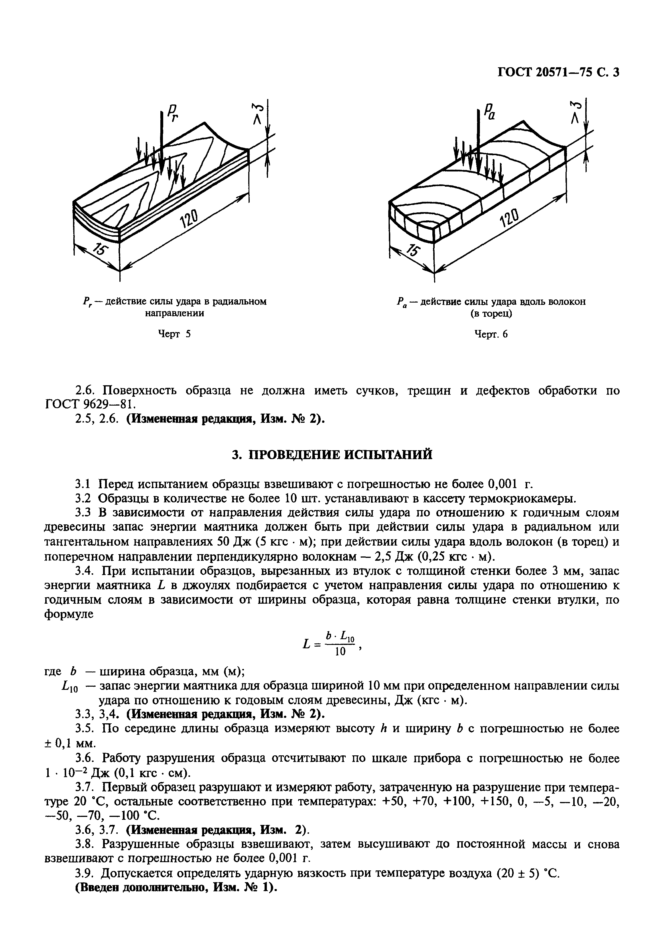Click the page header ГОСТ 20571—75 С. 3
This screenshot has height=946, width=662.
pyautogui.click(x=559, y=72)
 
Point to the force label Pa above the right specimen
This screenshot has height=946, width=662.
pyautogui.click(x=489, y=111)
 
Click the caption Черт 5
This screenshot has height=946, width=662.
pyautogui.click(x=174, y=334)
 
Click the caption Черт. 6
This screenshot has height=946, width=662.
pyautogui.click(x=491, y=334)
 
